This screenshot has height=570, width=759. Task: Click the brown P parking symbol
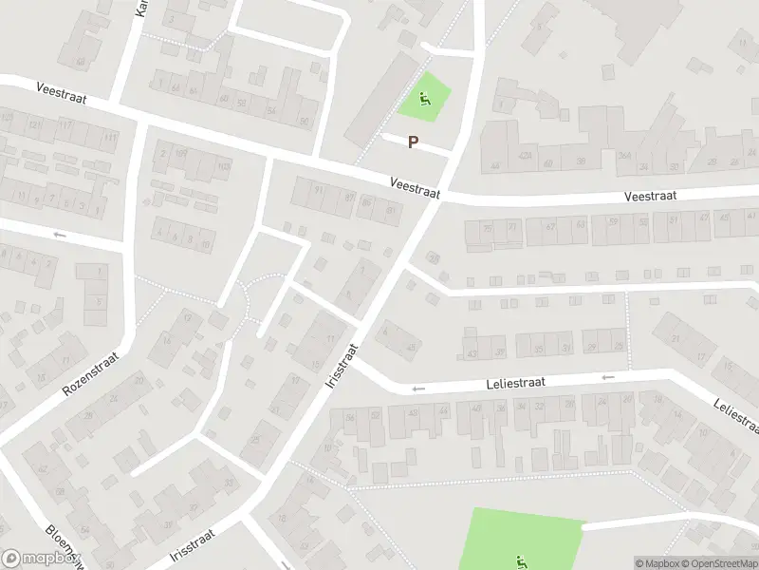click(x=413, y=142)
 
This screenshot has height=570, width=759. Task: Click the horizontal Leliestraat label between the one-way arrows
click(x=519, y=383)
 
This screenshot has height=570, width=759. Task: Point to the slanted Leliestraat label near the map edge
click(x=735, y=417)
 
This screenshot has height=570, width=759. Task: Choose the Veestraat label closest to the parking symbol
click(x=415, y=186)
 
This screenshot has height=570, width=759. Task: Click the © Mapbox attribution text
click(x=657, y=563)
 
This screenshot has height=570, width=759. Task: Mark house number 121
click(x=35, y=125)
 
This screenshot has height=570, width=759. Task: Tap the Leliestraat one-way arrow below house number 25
click(x=607, y=377)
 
